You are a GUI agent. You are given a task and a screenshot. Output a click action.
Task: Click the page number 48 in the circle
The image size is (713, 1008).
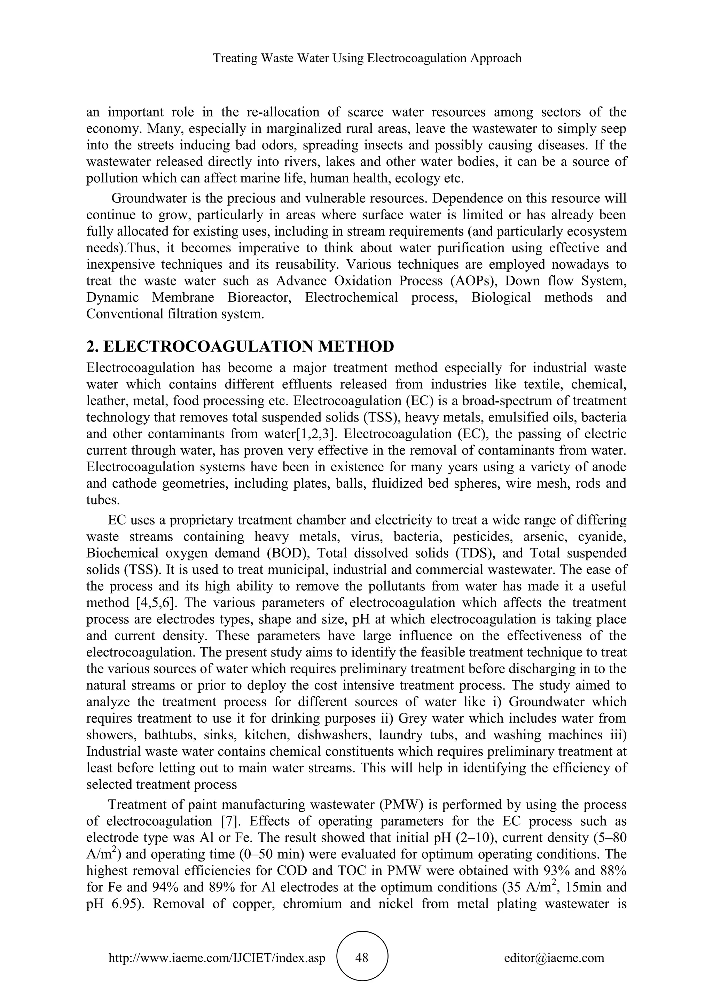(x=362, y=958)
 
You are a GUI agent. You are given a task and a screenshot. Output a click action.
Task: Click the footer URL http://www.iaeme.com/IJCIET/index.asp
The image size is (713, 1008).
(x=217, y=958)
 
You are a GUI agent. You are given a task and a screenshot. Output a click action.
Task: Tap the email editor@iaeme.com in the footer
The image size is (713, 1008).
(x=554, y=958)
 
